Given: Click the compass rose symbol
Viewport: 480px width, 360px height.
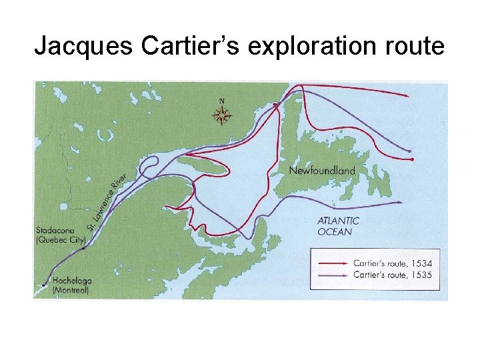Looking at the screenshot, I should tap(222, 116).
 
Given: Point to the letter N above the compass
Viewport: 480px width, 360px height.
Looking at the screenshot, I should tap(222, 101).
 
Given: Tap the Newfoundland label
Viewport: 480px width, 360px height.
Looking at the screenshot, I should tap(322, 171).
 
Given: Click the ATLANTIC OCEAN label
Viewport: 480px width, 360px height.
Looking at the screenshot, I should tap(338, 226).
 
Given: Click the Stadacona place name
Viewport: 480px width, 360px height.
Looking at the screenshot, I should tap(55, 231).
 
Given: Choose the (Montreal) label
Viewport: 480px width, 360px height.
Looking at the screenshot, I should tap(71, 290).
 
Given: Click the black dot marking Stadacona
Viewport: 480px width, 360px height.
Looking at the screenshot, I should tap(83, 248).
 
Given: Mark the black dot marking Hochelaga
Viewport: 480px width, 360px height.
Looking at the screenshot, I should tap(43, 285).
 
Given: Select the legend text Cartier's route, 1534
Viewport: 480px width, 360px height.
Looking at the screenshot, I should tap(392, 263).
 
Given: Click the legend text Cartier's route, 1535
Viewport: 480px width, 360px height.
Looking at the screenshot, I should tap(392, 274).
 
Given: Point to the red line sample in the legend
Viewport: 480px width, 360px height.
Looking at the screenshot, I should tap(331, 263).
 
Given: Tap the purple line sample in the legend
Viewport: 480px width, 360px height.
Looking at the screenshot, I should tap(331, 274).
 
